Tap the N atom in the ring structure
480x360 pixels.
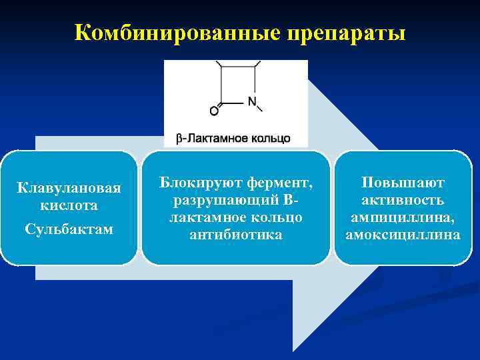(252, 102)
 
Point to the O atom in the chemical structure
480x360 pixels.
(214, 111)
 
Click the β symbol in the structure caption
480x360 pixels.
(179, 138)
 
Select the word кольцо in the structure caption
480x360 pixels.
(271, 138)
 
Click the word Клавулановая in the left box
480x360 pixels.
(69, 189)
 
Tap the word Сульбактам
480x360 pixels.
(69, 229)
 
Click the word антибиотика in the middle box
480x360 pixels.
(235, 235)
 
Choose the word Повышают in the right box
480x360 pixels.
(403, 182)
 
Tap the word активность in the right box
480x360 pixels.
(403, 200)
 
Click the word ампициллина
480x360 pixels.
(403, 217)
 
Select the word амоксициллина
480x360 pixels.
(403, 235)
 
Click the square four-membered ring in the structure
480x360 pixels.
(239, 84)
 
